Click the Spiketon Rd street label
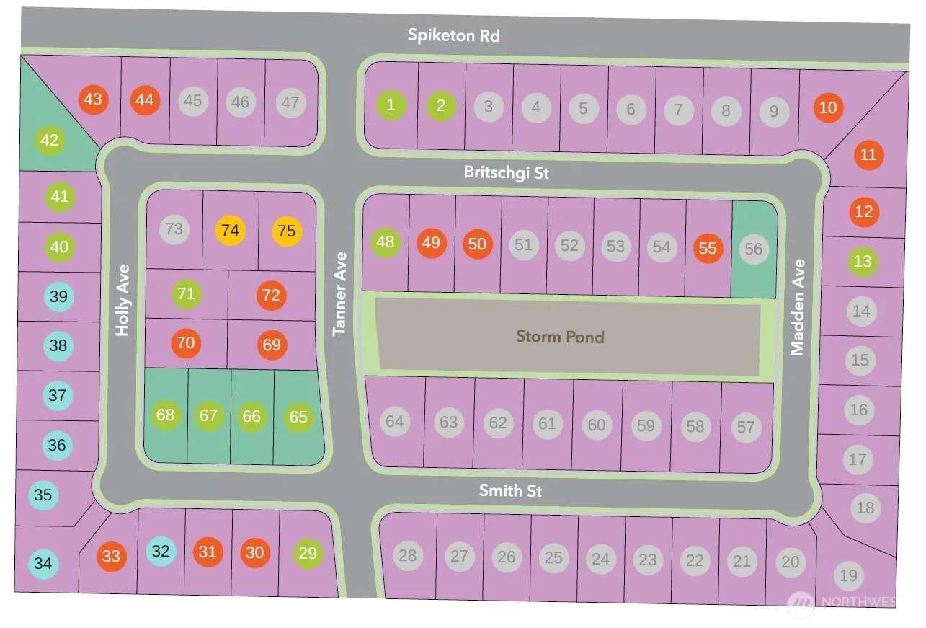pyautogui.click(x=453, y=35)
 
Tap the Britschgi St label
pyautogui.click(x=507, y=173)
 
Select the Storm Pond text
pyautogui.click(x=560, y=336)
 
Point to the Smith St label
pyautogui.click(x=511, y=491)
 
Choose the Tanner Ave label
pyautogui.click(x=340, y=293)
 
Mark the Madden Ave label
pyautogui.click(x=797, y=307)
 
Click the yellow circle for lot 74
pyautogui.click(x=230, y=231)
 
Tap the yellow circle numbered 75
pyautogui.click(x=287, y=231)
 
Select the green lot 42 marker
pyautogui.click(x=49, y=140)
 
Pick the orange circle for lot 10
pyautogui.click(x=829, y=107)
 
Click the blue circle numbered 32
pyautogui.click(x=161, y=552)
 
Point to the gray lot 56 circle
pyautogui.click(x=753, y=249)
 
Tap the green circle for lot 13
pyautogui.click(x=863, y=261)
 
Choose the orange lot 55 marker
pyautogui.click(x=708, y=248)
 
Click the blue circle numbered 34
pyautogui.click(x=43, y=563)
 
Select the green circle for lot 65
pyautogui.click(x=298, y=417)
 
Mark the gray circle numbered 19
pyautogui.click(x=848, y=575)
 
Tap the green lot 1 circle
pyautogui.click(x=391, y=105)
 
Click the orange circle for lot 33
pyautogui.click(x=111, y=557)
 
